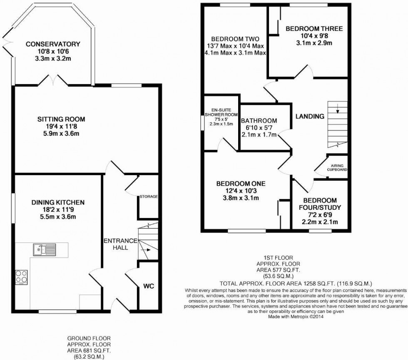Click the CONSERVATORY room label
(52, 44)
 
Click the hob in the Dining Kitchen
(21, 276)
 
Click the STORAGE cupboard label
(148, 196)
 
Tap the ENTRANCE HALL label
(119, 244)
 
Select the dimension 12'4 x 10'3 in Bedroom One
(241, 191)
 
